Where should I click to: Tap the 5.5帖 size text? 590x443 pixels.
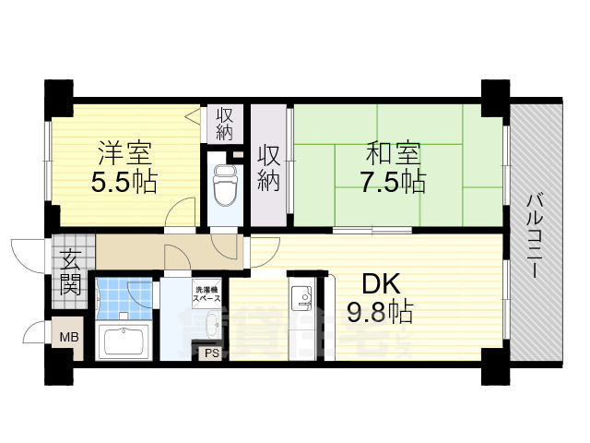point(123,181)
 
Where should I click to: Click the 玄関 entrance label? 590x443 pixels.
point(71,272)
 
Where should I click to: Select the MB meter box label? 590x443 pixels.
point(70,338)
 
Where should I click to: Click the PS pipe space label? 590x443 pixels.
point(211,353)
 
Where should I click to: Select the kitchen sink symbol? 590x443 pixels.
point(301,298)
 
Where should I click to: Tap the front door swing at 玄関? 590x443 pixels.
point(28,254)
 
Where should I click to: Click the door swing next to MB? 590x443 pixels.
point(37,334)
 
